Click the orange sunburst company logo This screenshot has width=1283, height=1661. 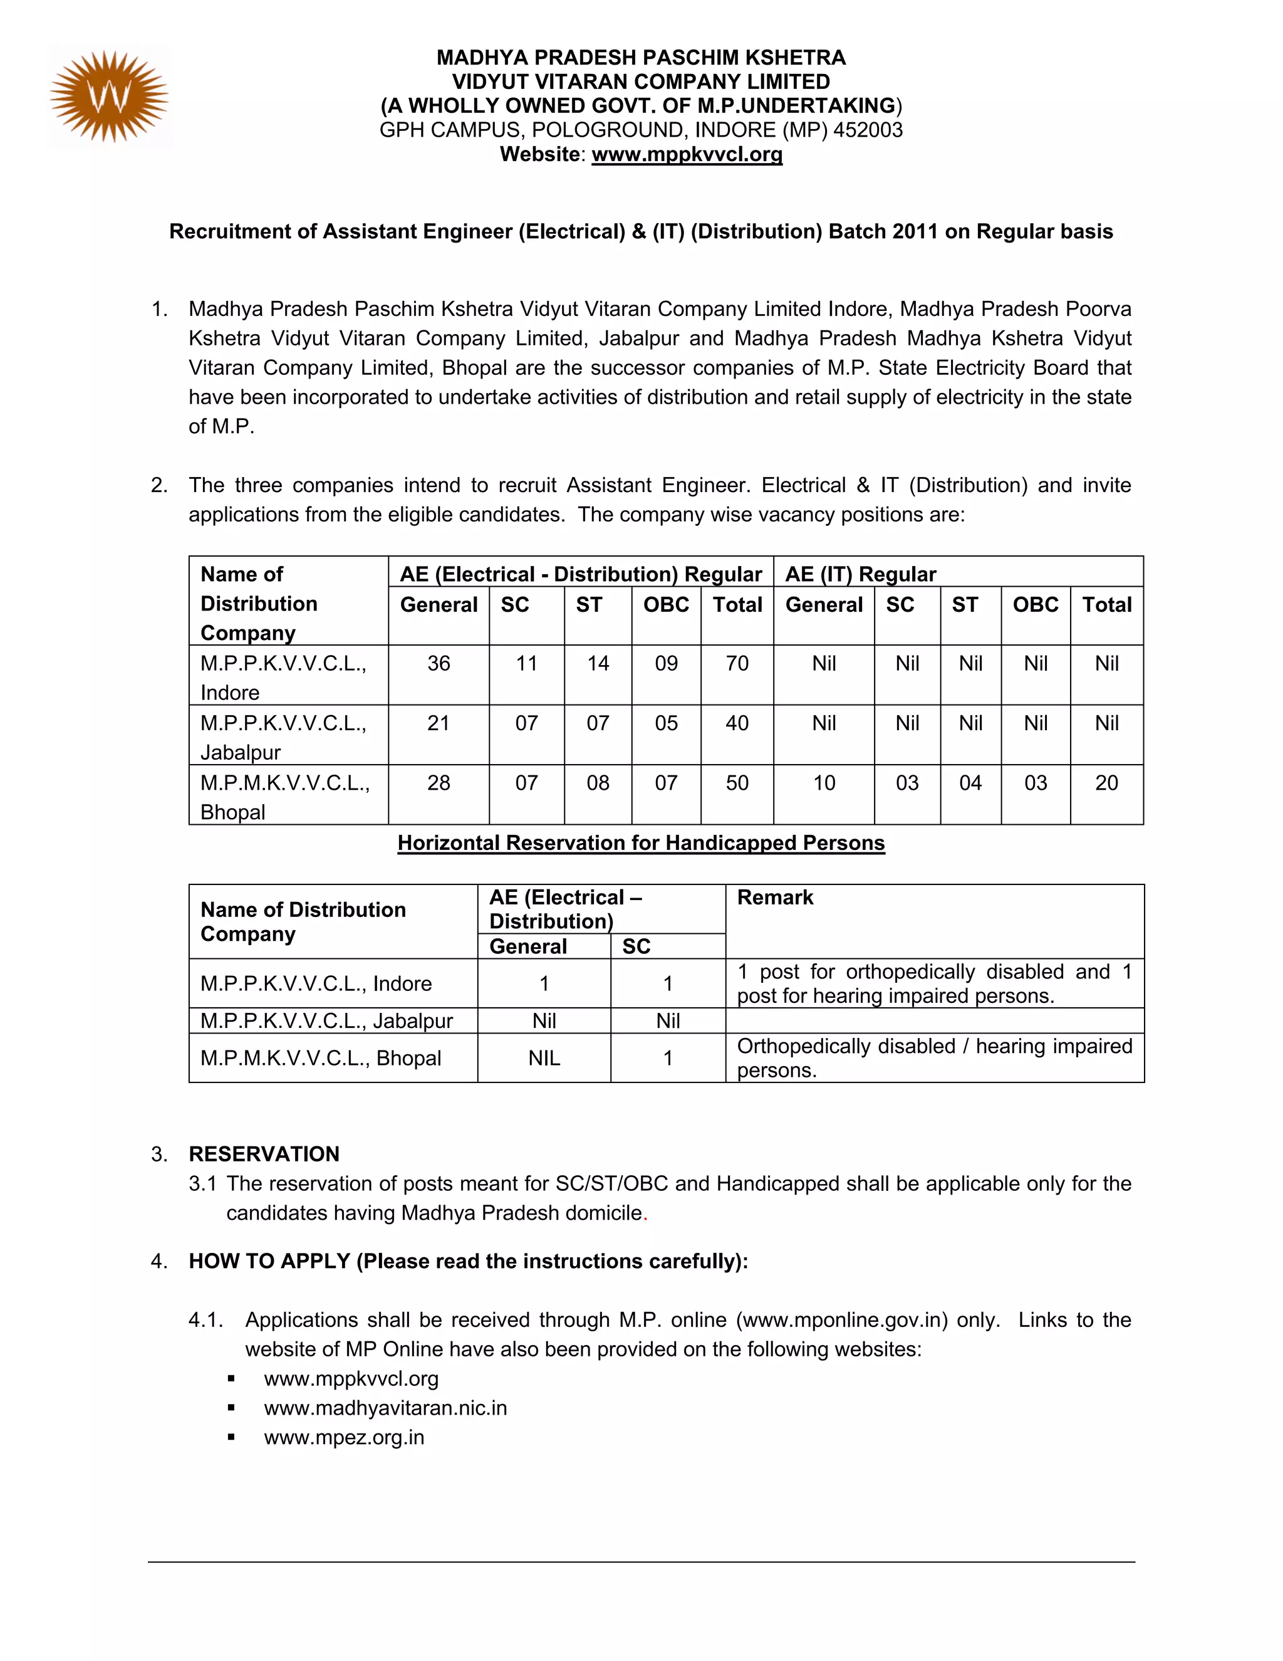pyautogui.click(x=108, y=97)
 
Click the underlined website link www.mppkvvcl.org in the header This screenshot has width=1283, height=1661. pyautogui.click(x=687, y=154)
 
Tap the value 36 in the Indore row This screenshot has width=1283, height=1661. pyautogui.click(x=439, y=663)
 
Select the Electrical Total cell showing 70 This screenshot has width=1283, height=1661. pyautogui.click(x=737, y=663)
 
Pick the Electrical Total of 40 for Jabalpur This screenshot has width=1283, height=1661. pyautogui.click(x=737, y=723)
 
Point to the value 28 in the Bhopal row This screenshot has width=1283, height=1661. pyautogui.click(x=439, y=783)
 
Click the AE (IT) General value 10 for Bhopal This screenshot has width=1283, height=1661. pyautogui.click(x=824, y=783)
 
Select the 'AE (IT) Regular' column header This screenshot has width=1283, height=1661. pyautogui.click(x=860, y=574)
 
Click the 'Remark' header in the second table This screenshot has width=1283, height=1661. pyautogui.click(x=774, y=898)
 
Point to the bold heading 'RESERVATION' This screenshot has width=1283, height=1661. pyautogui.click(x=264, y=1154)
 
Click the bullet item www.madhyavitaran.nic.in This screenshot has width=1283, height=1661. pyautogui.click(x=385, y=1408)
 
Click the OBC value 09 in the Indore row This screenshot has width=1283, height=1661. pyautogui.click(x=666, y=663)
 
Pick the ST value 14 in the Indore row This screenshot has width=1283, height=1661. pyautogui.click(x=598, y=663)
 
